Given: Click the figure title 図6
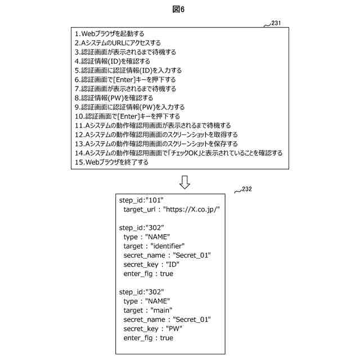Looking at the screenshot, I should [179, 10].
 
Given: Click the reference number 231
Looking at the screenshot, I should [276, 23].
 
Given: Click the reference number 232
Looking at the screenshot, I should [246, 189].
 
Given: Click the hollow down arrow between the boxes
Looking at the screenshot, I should [184, 182].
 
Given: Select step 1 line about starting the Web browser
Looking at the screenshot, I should [112, 34].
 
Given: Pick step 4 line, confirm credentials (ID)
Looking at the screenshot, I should [112, 61].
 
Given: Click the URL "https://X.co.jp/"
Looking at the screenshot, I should [191, 209].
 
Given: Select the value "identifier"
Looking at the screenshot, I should [167, 246].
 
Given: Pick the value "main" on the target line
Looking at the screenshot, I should [161, 310].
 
